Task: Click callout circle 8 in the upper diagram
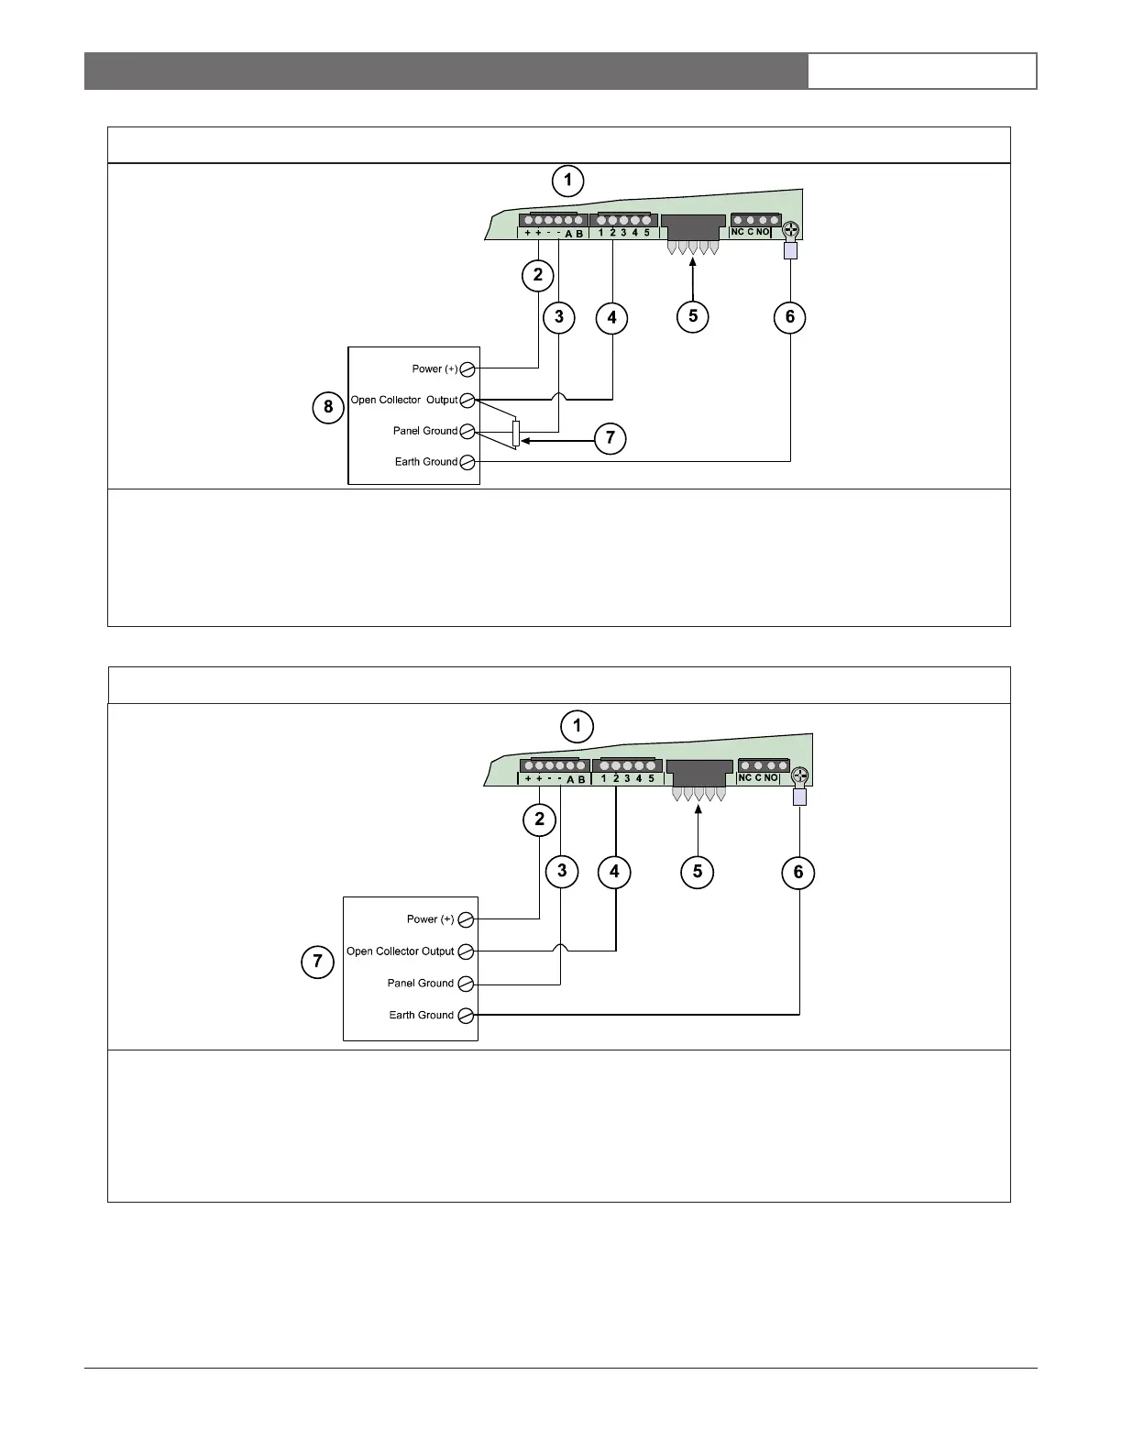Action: (x=328, y=406)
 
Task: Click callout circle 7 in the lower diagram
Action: (x=317, y=962)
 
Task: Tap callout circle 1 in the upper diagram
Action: (x=567, y=180)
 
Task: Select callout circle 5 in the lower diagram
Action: (x=698, y=871)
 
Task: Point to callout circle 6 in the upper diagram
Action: (x=790, y=318)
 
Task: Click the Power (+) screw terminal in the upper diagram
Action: (x=467, y=368)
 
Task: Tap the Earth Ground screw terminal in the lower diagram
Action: (x=466, y=1015)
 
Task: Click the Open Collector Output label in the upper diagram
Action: (x=403, y=400)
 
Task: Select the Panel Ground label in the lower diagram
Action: (x=420, y=983)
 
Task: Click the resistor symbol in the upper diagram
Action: (x=516, y=433)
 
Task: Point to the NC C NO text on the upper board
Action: (x=750, y=233)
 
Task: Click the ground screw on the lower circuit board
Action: (x=798, y=776)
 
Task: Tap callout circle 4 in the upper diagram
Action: (x=611, y=318)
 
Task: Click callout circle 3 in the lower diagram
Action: (x=561, y=871)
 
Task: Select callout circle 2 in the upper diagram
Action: (x=537, y=274)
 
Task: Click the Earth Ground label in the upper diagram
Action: (x=425, y=462)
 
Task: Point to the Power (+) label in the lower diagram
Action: (x=430, y=918)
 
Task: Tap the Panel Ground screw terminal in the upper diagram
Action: (x=467, y=431)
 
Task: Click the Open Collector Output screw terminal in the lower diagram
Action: (x=466, y=951)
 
